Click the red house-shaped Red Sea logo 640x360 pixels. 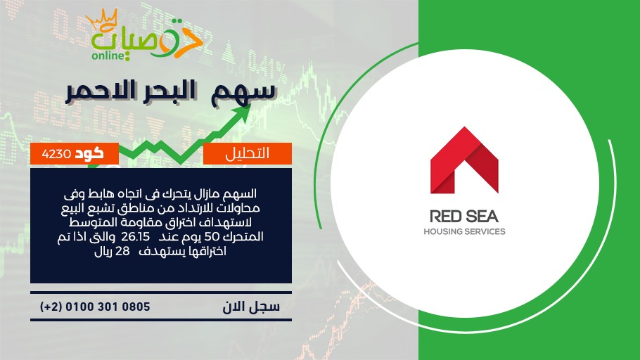pos(464,160)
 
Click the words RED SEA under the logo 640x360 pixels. pos(464,217)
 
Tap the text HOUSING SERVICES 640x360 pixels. pos(464,231)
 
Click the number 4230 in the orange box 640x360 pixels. pos(56,154)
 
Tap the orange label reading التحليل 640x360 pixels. pos(248,153)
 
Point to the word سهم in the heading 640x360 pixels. pos(243,92)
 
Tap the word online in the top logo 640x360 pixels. pos(108,56)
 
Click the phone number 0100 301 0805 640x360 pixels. pos(108,307)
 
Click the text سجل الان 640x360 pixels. pos(251,307)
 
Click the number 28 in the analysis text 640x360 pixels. pos(122,251)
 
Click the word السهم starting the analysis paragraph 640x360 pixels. pos(242,193)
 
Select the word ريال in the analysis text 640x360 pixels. pos(103,252)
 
